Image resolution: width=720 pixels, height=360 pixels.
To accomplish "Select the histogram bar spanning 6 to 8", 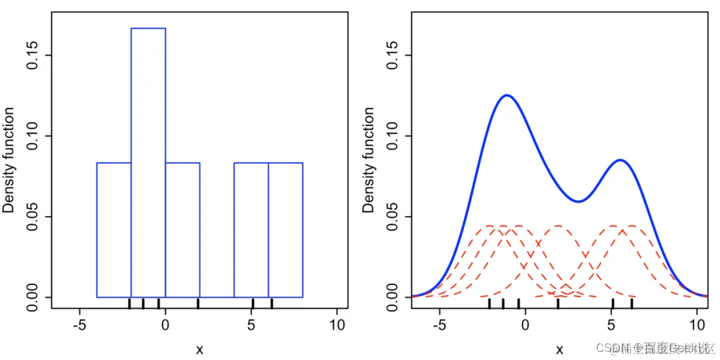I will [285, 229].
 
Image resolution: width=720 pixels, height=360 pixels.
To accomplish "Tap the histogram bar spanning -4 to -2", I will [114, 229].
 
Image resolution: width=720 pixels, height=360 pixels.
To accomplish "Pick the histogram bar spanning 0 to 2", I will [183, 229].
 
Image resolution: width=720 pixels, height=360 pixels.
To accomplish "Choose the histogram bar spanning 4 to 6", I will [251, 229].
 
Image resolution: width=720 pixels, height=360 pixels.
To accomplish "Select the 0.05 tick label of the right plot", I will [391, 217].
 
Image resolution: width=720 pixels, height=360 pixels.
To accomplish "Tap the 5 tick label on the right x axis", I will [611, 326].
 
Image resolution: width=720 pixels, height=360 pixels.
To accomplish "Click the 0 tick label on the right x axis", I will [525, 326].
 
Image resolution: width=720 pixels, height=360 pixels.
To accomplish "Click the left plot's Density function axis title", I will [9, 160].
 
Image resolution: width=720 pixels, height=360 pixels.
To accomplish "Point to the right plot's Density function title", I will [369, 160].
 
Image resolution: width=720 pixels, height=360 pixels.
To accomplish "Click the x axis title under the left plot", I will [199, 349].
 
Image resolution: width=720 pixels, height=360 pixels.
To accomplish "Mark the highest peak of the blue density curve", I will [507, 95].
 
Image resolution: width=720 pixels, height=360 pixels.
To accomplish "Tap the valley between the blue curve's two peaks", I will [579, 201].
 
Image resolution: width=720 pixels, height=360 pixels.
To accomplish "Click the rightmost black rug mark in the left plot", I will [271, 304].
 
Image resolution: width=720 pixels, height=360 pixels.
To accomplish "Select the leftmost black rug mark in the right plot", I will [489, 304].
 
